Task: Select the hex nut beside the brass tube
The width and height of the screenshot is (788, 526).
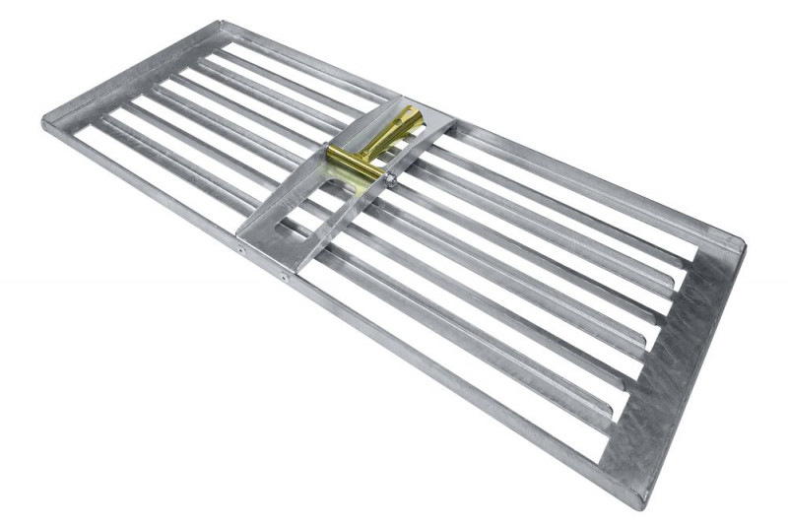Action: coord(391,178)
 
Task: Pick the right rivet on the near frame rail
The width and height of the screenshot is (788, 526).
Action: coord(284,278)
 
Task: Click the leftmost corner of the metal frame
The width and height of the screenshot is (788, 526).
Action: coord(45,121)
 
